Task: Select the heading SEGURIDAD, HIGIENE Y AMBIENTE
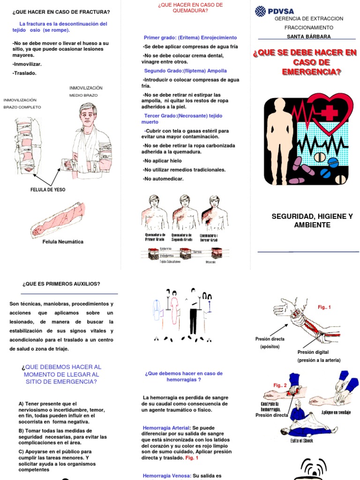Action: click(312, 221)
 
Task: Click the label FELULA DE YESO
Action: click(48, 190)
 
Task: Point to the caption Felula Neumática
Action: click(63, 242)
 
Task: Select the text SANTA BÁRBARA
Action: click(308, 36)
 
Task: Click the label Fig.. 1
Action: click(324, 307)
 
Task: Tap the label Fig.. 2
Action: click(280, 385)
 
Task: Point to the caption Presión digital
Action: click(313, 352)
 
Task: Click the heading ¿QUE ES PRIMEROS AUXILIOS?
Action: click(61, 284)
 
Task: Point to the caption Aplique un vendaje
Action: click(337, 412)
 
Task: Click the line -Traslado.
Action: click(24, 73)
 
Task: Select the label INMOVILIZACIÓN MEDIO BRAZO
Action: click(86, 91)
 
